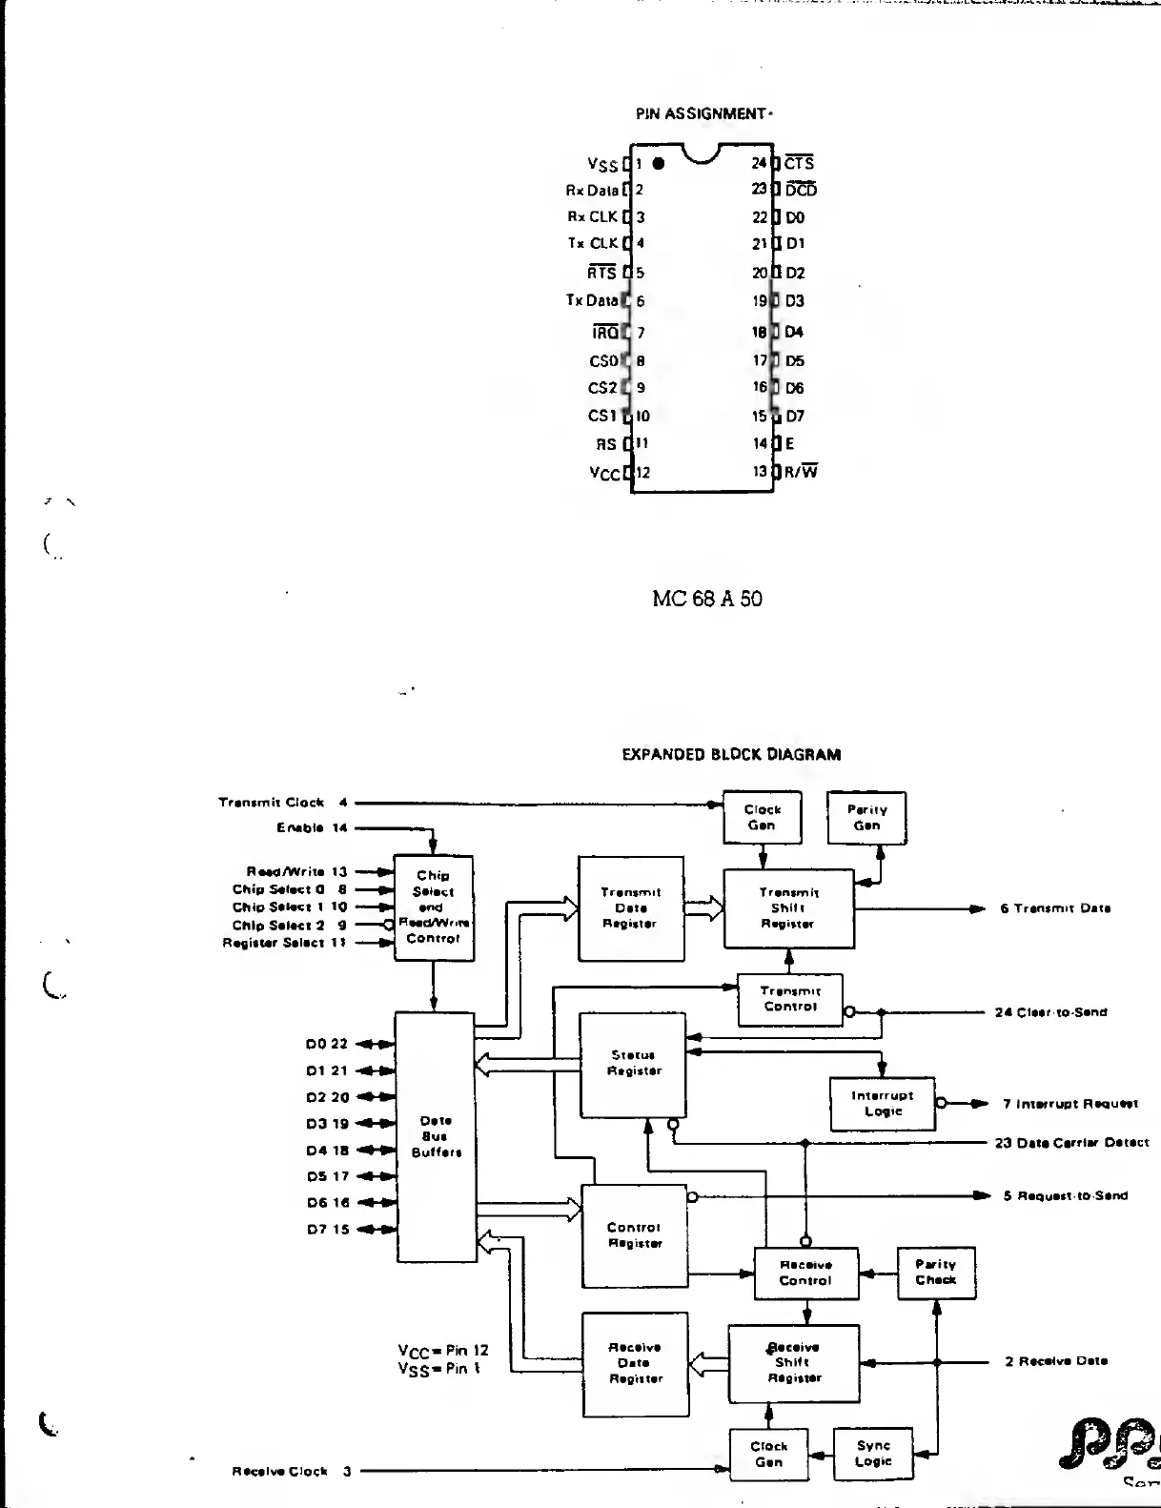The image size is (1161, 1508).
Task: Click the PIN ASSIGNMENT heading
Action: (703, 113)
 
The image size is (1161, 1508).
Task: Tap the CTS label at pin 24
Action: (800, 163)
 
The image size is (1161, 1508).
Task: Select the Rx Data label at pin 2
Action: (592, 190)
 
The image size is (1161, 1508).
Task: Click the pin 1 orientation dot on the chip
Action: (658, 163)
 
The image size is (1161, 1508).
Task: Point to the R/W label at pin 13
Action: (801, 471)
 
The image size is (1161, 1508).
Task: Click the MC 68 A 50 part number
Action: (707, 599)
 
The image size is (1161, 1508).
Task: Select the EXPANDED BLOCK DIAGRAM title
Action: (731, 754)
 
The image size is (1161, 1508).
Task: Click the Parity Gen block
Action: (866, 818)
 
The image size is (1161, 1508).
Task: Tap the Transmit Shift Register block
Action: (788, 908)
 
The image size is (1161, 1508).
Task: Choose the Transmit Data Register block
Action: (631, 908)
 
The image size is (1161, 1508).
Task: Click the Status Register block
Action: (633, 1064)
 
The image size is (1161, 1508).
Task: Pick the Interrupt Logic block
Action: (883, 1104)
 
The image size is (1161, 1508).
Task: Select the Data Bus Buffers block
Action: (436, 1136)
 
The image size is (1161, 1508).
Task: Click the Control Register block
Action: (634, 1235)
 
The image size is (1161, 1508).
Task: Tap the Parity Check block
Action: (936, 1273)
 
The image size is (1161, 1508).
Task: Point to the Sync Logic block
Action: (873, 1454)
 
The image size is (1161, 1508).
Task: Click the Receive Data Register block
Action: (636, 1363)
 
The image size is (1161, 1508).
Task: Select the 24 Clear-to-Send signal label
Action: (1050, 1012)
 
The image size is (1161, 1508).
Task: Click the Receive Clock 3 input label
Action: (292, 1471)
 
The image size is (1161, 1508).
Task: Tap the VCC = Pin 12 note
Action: (443, 1350)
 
